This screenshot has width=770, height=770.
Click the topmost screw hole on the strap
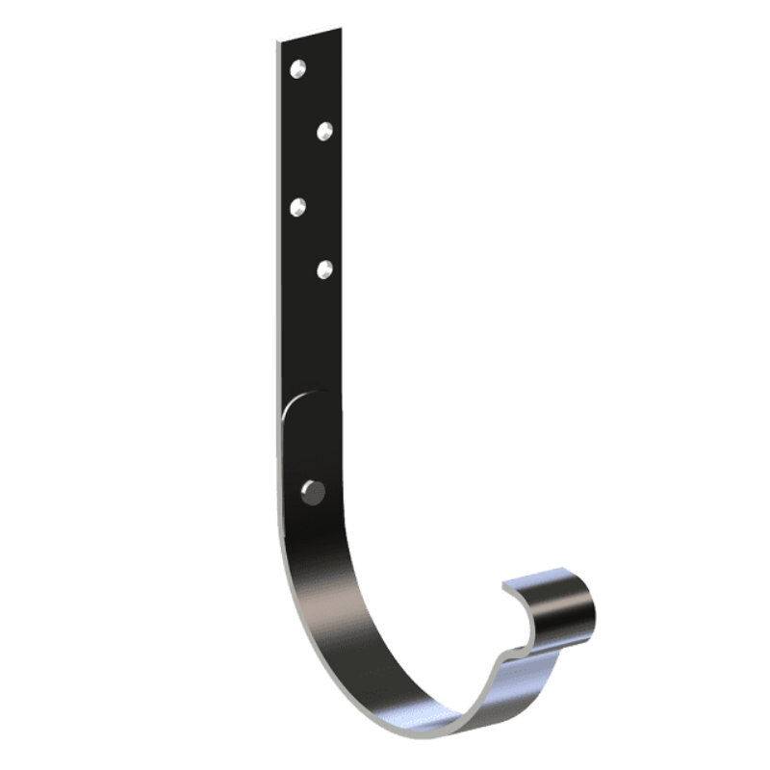click(x=299, y=68)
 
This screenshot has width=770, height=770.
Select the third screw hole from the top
click(x=298, y=205)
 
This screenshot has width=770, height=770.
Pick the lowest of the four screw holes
click(x=324, y=269)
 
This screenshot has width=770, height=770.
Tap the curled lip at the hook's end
click(x=558, y=602)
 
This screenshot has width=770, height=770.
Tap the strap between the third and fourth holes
click(x=310, y=237)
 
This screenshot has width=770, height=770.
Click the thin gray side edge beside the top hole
click(x=277, y=72)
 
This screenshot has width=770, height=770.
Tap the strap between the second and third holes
click(x=310, y=167)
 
